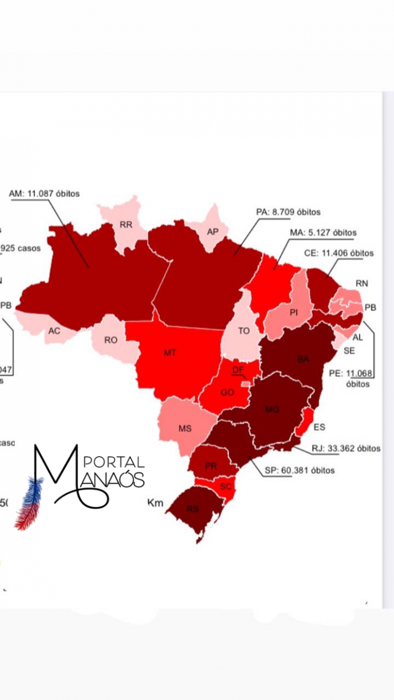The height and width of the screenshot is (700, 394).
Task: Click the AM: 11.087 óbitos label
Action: pyautogui.click(x=44, y=194)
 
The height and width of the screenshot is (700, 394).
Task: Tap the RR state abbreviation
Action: pyautogui.click(x=126, y=225)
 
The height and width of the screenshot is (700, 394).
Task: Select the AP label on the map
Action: pyautogui.click(x=213, y=231)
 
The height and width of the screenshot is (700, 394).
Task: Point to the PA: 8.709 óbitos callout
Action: pyautogui.click(x=288, y=212)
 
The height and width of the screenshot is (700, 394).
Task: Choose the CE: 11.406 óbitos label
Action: pyautogui.click(x=339, y=253)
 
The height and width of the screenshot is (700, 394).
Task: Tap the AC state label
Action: pyautogui.click(x=54, y=331)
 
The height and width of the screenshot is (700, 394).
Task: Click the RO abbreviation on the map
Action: pyautogui.click(x=110, y=341)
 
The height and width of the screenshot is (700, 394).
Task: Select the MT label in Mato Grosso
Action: pyautogui.click(x=170, y=353)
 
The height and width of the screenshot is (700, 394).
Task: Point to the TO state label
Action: pyautogui.click(x=243, y=330)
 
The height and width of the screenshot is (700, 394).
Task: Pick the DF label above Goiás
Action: pyautogui.click(x=238, y=370)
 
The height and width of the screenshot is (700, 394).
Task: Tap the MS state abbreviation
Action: pyautogui.click(x=185, y=428)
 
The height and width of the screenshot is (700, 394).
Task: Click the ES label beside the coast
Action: pyautogui.click(x=319, y=427)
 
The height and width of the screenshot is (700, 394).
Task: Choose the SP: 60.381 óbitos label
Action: pyautogui.click(x=299, y=470)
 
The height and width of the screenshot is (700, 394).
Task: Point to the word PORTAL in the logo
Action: pyautogui.click(x=118, y=463)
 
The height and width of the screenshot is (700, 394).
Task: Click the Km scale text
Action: pyautogui.click(x=155, y=502)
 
